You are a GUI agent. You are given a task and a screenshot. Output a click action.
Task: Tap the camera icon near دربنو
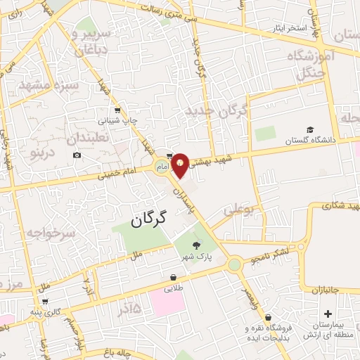pos(77,155)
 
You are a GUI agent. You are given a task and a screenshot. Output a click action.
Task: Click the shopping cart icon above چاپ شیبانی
pos(117,110)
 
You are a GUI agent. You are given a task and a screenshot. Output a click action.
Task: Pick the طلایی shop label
pos(173,288)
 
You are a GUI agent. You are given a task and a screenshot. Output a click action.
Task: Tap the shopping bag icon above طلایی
pos(173,277)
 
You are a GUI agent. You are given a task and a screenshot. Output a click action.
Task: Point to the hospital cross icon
pos(328,314)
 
